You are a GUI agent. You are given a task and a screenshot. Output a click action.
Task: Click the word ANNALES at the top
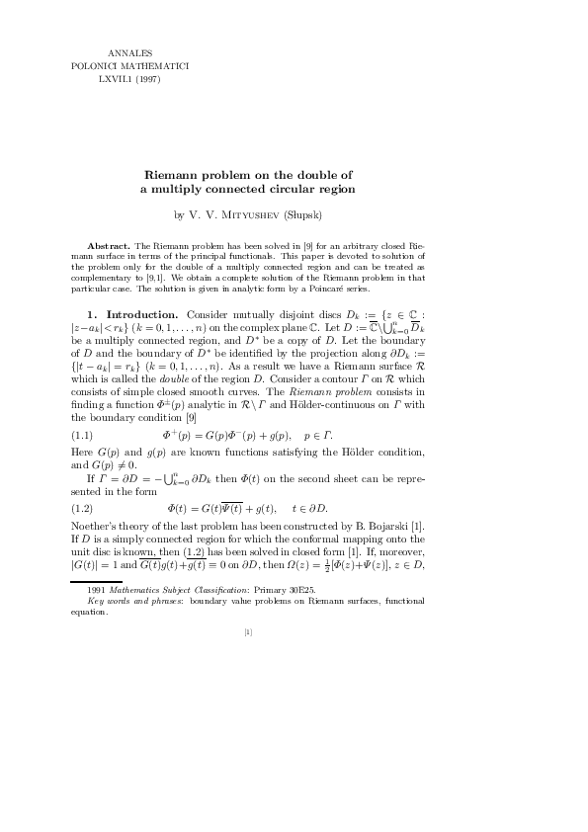coord(126,51)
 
